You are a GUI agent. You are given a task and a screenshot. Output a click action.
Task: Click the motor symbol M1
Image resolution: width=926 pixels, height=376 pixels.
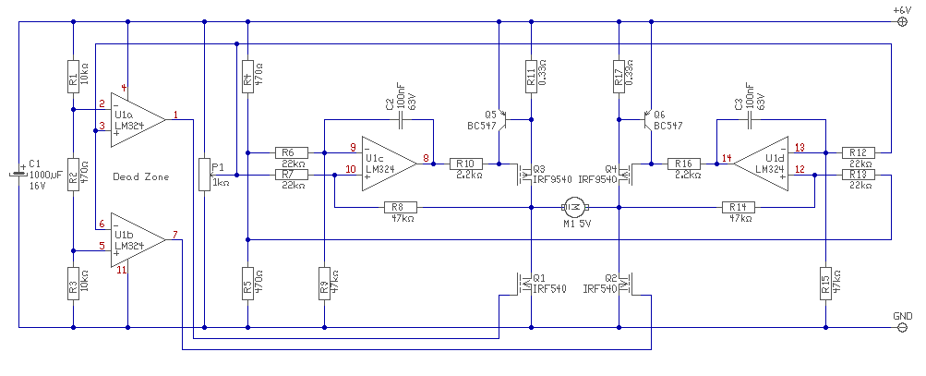575,207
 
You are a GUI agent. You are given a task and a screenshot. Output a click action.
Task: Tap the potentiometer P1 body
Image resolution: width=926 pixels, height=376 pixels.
204,175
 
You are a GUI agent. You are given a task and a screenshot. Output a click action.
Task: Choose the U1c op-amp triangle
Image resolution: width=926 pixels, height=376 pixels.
390,164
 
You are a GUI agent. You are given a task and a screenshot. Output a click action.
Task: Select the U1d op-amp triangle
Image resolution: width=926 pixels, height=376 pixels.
762,164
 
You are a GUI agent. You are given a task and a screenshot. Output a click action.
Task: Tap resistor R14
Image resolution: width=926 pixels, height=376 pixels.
739,207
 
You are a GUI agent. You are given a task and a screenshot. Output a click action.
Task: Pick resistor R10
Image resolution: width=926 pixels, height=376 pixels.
466,164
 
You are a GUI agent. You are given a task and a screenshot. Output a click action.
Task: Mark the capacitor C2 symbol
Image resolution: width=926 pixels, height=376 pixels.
401,122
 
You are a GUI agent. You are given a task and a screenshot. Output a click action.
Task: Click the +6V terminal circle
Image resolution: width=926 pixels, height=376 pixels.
902,22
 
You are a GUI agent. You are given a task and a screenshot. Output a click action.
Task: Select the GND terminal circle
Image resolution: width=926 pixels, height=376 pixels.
902,327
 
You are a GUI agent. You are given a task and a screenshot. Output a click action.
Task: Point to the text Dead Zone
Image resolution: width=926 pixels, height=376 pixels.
140,176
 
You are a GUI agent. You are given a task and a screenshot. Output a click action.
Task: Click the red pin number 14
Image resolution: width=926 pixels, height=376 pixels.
726,158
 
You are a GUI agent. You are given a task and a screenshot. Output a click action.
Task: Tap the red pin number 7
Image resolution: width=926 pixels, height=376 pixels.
174,234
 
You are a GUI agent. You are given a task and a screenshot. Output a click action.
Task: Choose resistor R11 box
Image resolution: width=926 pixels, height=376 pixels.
531,77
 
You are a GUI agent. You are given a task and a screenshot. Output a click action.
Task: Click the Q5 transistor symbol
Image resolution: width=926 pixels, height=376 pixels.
503,120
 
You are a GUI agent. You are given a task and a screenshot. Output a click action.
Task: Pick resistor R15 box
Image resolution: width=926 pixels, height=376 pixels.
825,284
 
